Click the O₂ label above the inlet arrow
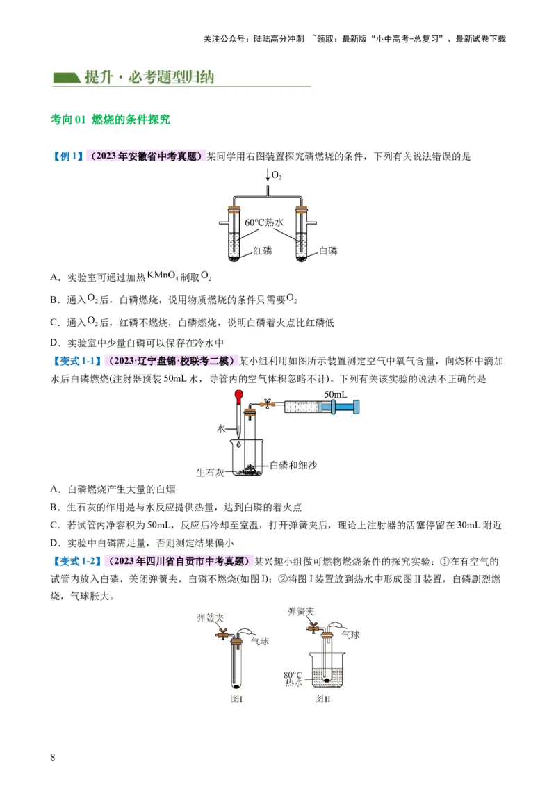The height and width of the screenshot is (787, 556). pyautogui.click(x=277, y=177)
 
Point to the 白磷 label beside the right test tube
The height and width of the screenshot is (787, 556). pyautogui.click(x=328, y=250)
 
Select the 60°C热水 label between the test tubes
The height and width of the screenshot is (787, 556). pyautogui.click(x=265, y=222)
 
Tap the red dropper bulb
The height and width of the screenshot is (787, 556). pyautogui.click(x=238, y=398)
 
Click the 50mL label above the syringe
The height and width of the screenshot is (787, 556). pyautogui.click(x=335, y=394)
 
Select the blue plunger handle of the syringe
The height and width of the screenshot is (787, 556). pyautogui.click(x=357, y=408)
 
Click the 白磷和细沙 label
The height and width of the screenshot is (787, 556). pyautogui.click(x=293, y=464)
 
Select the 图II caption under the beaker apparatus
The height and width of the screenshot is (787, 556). pyautogui.click(x=322, y=698)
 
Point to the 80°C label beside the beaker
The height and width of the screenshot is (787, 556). pyautogui.click(x=293, y=674)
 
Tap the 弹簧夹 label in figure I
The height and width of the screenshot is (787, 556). pyautogui.click(x=209, y=617)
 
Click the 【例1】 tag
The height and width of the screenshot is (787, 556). pyautogui.click(x=67, y=156)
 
